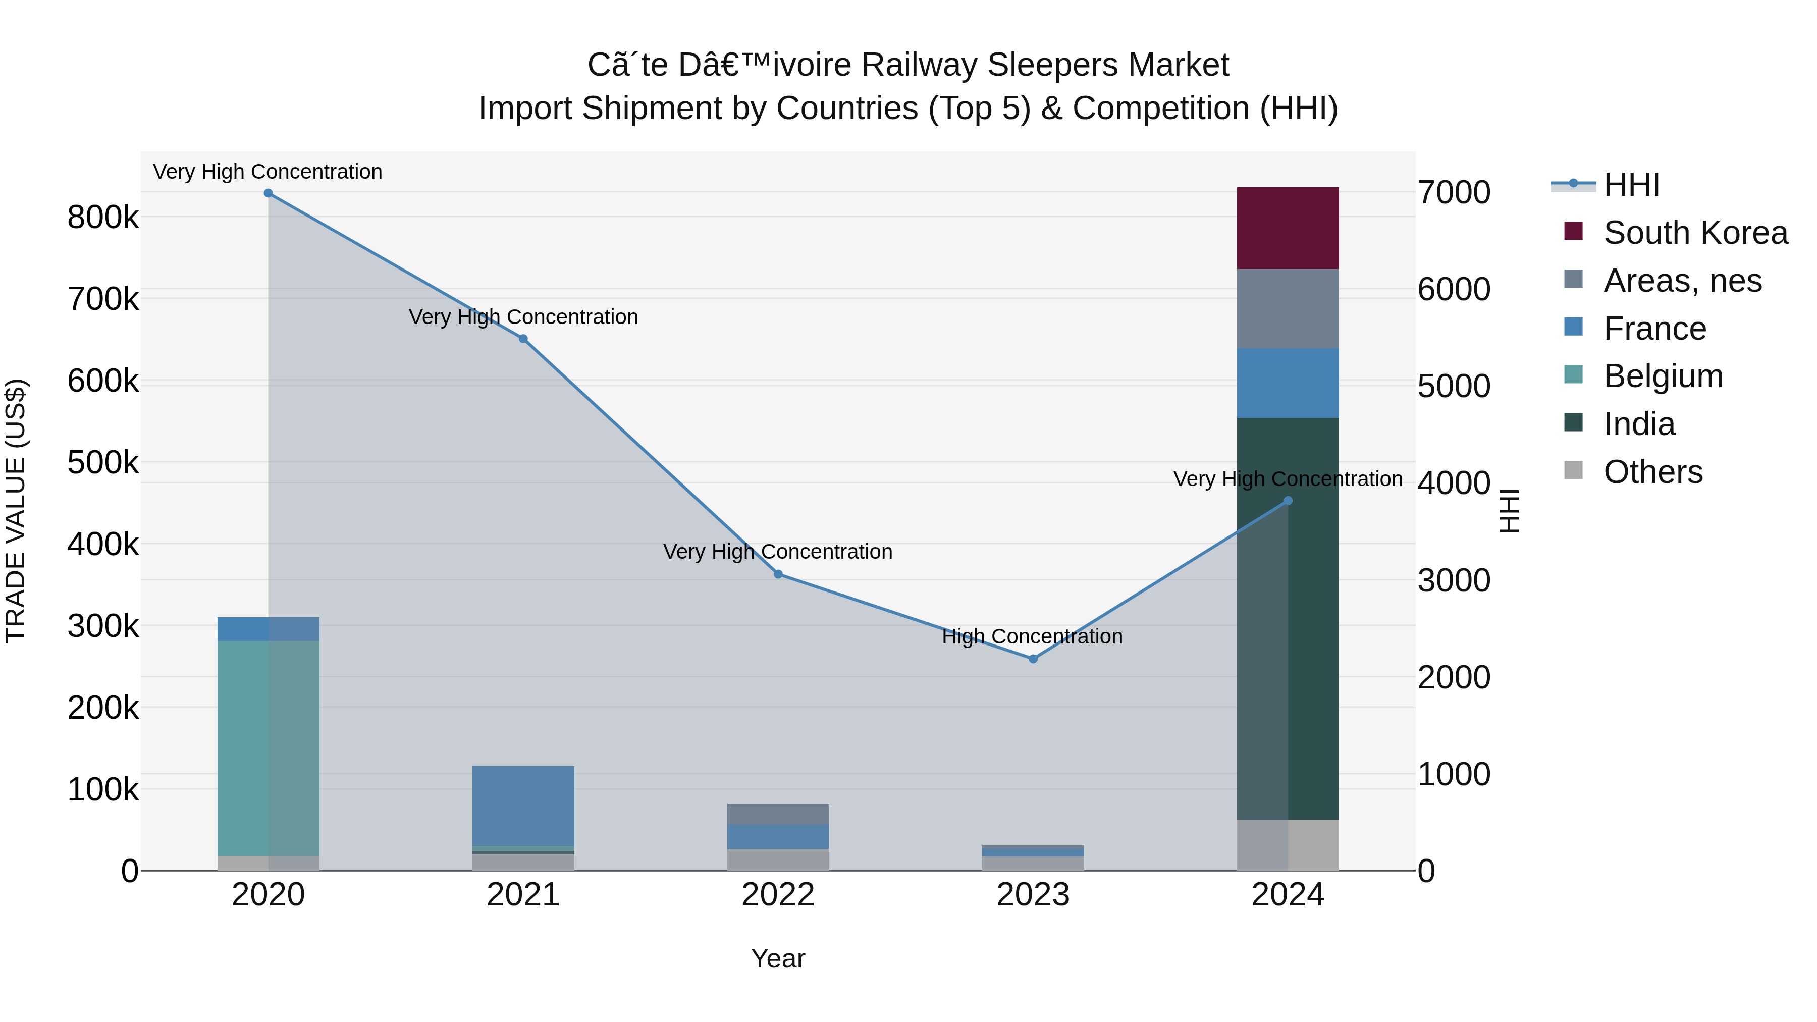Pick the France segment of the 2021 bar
coord(523,805)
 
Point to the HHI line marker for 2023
coord(1033,659)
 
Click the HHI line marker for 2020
coord(268,193)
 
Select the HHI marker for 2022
coord(778,574)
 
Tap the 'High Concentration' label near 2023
coord(1032,636)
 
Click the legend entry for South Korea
coord(1695,233)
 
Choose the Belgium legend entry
coord(1663,376)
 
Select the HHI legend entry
coord(1631,185)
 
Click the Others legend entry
coord(1652,472)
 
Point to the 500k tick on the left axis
coord(103,463)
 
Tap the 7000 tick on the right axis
coord(1454,193)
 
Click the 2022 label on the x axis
coord(778,895)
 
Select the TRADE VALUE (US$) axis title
coord(16,511)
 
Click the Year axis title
coord(778,958)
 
